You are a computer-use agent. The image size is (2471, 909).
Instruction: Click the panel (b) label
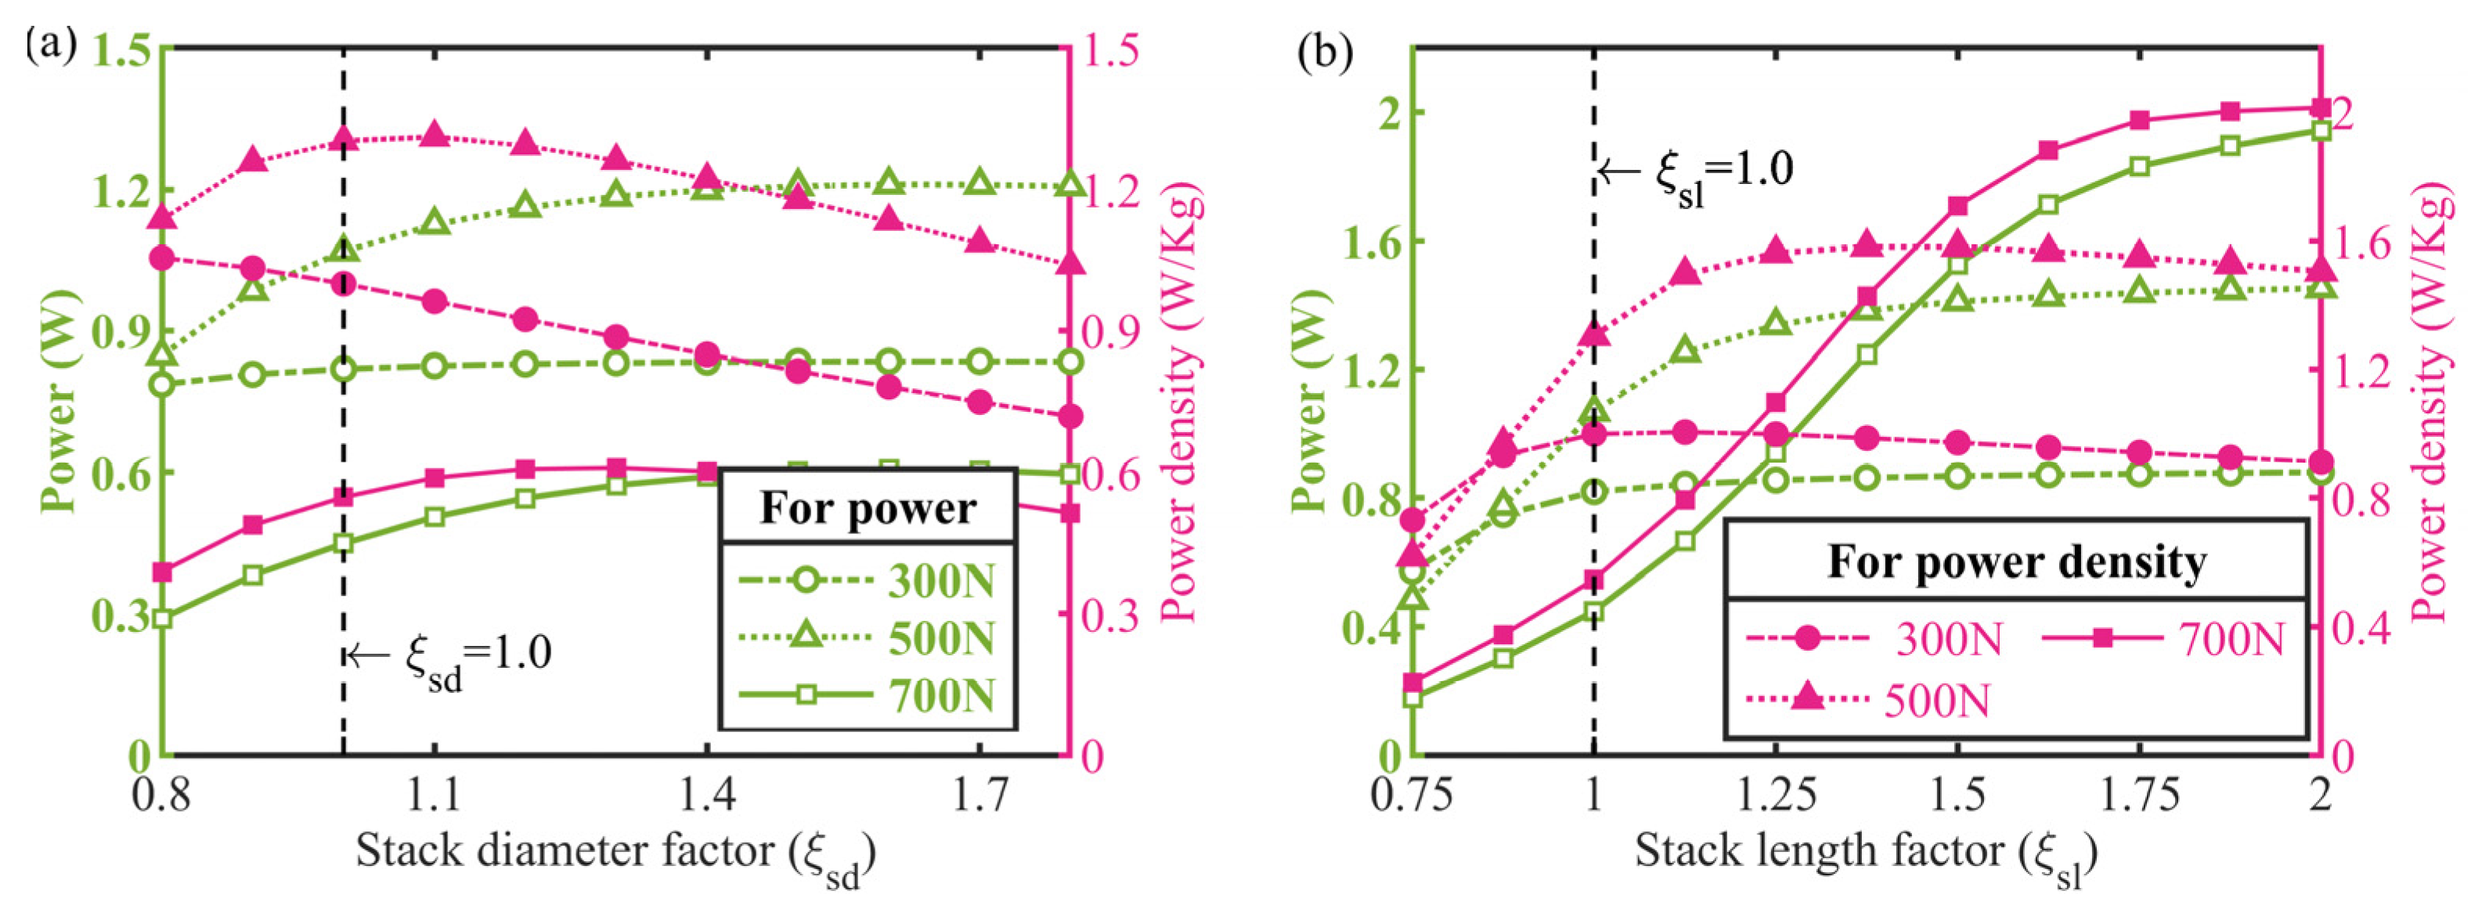tap(1325, 52)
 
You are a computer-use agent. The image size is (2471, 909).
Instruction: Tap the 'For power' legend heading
tap(868, 508)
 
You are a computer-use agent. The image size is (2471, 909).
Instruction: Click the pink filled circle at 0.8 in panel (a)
tap(162, 258)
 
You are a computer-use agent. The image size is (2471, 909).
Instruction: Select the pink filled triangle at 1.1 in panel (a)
tap(435, 134)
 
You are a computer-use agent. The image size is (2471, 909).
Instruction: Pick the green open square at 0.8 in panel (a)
tap(162, 619)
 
